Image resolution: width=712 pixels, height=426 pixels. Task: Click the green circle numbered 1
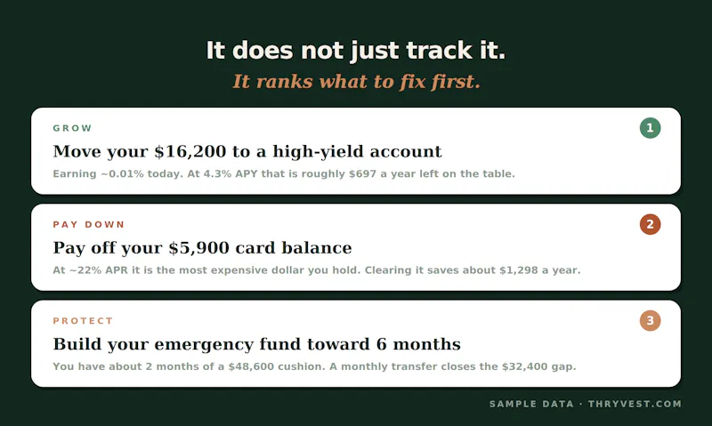coord(650,128)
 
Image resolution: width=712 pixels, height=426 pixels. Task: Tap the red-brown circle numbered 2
coord(650,224)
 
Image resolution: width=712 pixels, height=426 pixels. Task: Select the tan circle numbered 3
coord(650,320)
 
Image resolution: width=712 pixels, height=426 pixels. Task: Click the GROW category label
coord(72,128)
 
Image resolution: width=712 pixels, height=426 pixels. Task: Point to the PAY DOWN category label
coord(88,225)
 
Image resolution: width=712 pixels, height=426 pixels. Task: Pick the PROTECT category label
coord(83,321)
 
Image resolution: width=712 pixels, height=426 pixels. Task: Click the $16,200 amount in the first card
coord(190,151)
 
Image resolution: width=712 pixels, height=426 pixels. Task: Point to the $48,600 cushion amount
coord(251,366)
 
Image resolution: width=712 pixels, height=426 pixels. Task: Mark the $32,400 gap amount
coord(525,366)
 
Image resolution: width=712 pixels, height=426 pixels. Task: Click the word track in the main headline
coord(439,50)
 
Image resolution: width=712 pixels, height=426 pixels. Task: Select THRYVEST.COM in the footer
coord(635,404)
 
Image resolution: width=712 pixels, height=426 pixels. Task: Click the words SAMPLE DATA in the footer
coord(531,404)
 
